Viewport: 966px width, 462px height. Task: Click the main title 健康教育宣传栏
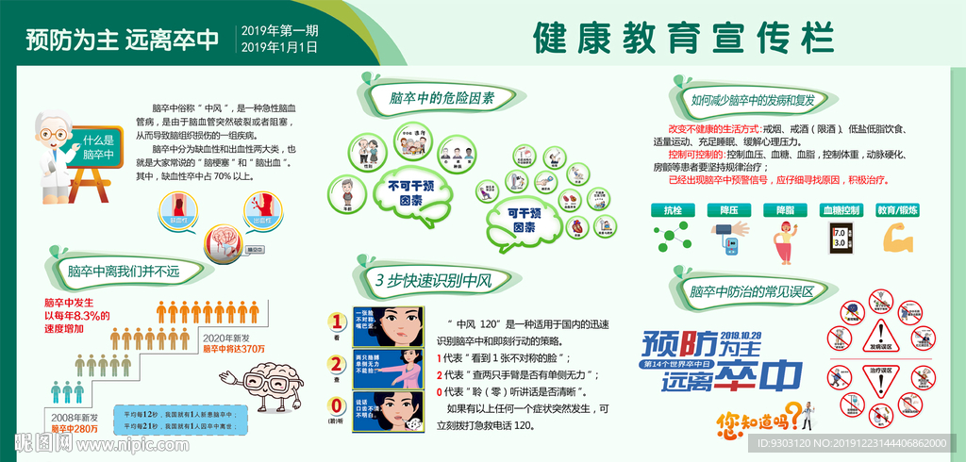point(683,39)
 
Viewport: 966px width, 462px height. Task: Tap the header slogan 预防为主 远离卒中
point(122,40)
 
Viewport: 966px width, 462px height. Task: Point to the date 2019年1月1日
point(281,47)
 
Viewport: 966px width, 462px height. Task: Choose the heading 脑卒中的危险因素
point(428,98)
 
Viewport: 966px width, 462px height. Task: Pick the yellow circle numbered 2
point(335,364)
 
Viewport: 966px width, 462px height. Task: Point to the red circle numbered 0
point(335,406)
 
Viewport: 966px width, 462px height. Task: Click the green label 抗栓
point(672,210)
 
